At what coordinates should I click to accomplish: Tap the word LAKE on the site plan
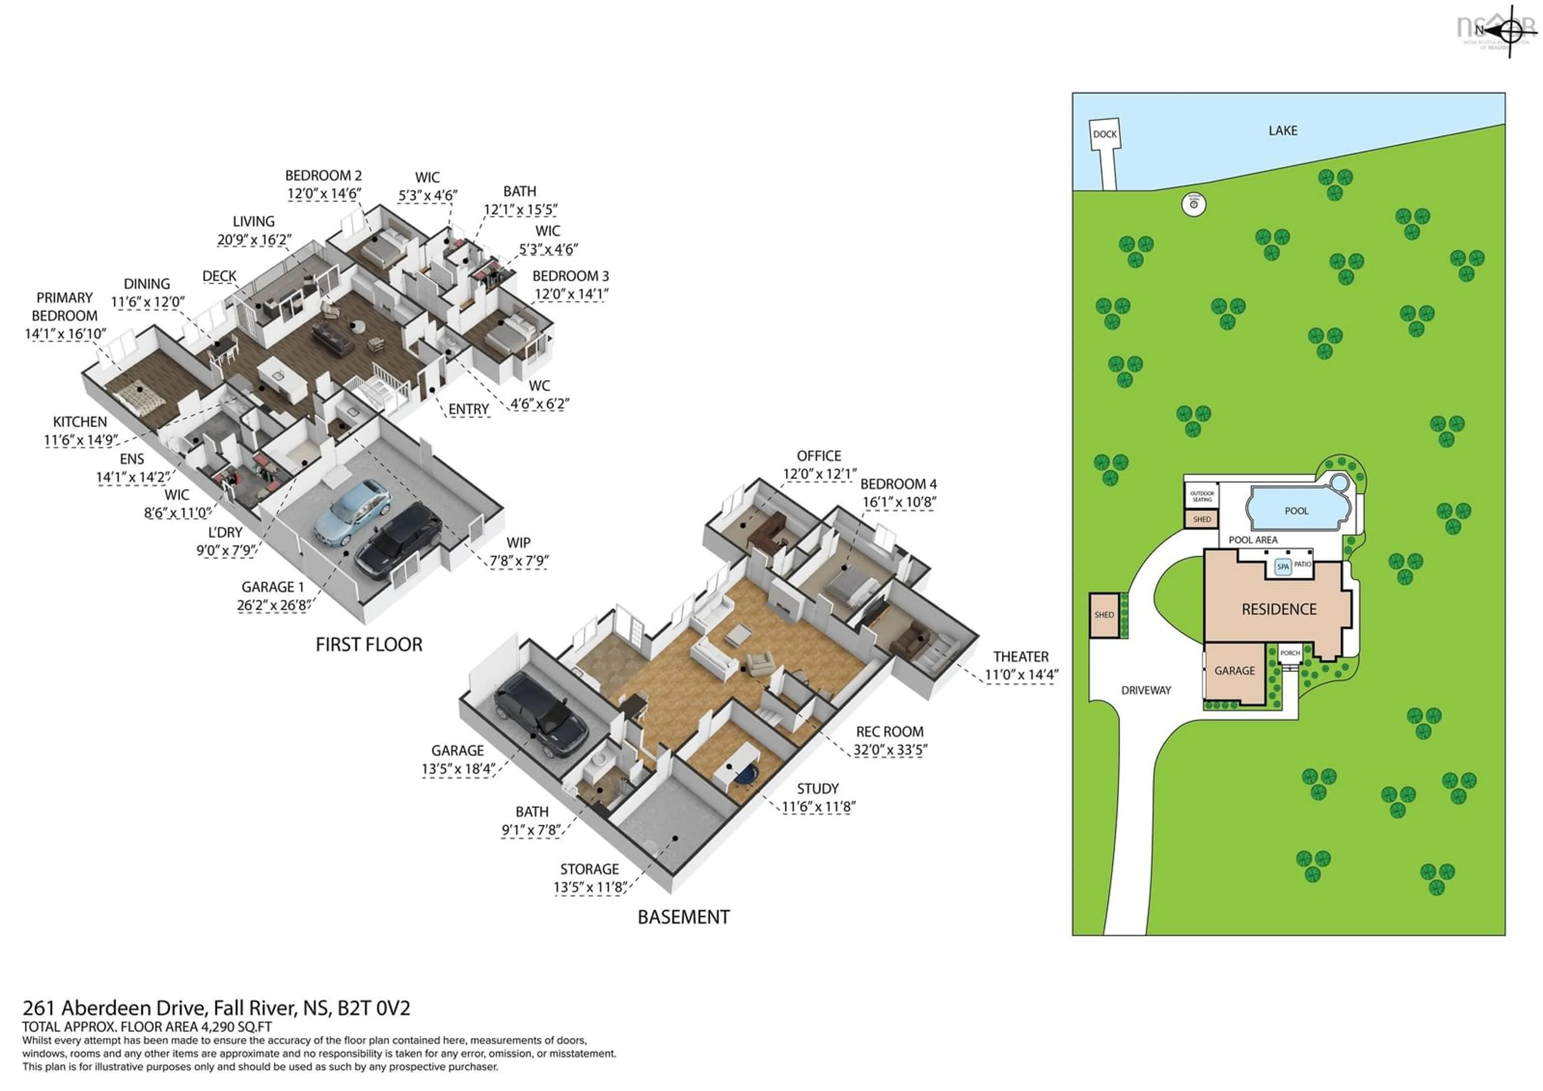tap(1282, 130)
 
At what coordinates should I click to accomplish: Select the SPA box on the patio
tap(1283, 567)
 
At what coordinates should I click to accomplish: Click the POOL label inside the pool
tap(1296, 511)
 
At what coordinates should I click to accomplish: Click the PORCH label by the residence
tap(1289, 653)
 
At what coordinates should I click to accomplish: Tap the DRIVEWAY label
tap(1146, 690)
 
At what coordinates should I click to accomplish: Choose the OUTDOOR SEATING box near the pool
tap(1201, 496)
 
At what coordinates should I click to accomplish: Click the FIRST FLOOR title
tap(369, 645)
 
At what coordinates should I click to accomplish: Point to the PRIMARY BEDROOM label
tap(65, 307)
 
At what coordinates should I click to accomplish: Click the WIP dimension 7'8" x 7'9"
tap(519, 561)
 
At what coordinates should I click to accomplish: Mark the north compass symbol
tap(1509, 30)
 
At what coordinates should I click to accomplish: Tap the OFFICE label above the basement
tap(819, 456)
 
